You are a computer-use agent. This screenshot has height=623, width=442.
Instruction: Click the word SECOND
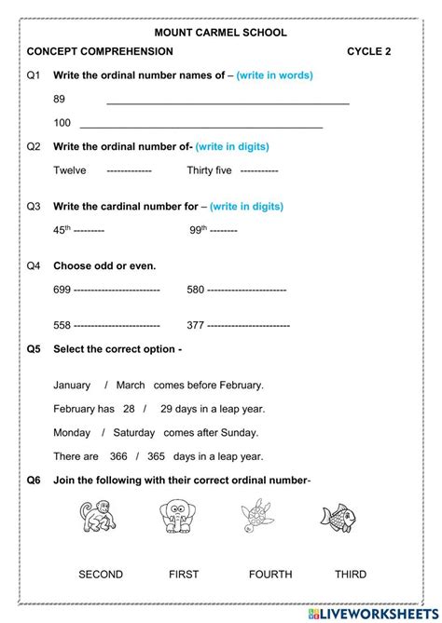101,575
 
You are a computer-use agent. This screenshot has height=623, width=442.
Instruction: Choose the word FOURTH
270,575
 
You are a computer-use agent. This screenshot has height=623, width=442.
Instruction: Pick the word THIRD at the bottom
351,575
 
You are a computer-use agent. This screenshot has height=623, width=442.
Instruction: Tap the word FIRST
186,575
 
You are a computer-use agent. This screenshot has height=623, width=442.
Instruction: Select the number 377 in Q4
196,325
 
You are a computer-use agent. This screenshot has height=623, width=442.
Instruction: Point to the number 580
195,290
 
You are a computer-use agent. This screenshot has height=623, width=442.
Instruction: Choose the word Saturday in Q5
134,432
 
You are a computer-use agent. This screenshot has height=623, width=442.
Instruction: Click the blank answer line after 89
228,102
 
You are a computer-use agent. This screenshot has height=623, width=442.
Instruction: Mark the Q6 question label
35,481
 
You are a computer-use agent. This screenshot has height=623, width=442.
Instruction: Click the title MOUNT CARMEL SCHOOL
220,33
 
